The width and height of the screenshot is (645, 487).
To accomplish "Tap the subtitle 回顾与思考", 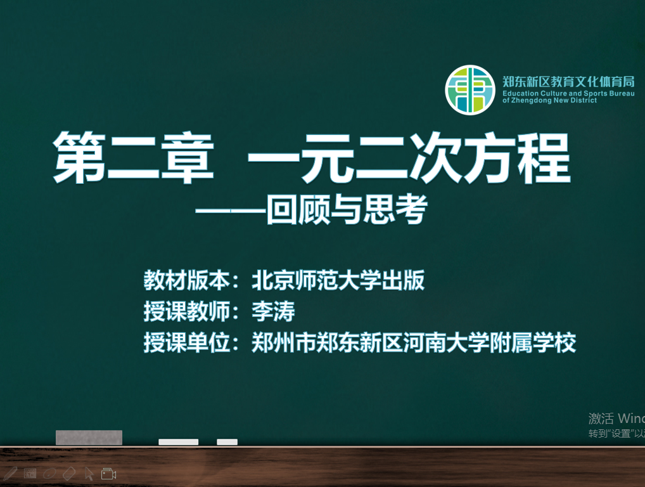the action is (347, 209).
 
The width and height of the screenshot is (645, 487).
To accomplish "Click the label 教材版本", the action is (186, 280).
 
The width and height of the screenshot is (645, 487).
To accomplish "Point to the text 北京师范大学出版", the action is (338, 280).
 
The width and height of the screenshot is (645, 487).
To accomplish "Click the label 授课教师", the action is (186, 311).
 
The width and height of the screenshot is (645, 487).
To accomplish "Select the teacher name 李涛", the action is (273, 311).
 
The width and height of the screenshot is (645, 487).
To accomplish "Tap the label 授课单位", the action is (186, 342).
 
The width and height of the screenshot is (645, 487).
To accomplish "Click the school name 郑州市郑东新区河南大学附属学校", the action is (413, 342).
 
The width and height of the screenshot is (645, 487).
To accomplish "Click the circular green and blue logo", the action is (469, 90).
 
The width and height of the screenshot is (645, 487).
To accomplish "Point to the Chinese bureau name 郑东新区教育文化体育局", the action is (568, 82).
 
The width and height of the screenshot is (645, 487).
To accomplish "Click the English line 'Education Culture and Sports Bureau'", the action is (568, 93).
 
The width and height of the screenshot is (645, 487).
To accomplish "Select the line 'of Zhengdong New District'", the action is (549, 100).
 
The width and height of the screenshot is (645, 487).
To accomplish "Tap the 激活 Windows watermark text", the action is (616, 419).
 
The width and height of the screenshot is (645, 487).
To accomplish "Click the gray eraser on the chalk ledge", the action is (89, 438).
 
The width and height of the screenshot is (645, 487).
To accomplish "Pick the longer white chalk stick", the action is (179, 442).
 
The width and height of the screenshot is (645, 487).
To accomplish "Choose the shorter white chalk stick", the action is (227, 442).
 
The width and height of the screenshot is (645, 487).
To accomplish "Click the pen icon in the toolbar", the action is (10, 474).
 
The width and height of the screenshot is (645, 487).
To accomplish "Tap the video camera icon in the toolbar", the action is (108, 474).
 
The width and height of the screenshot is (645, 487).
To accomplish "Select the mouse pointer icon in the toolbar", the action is (89, 474).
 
